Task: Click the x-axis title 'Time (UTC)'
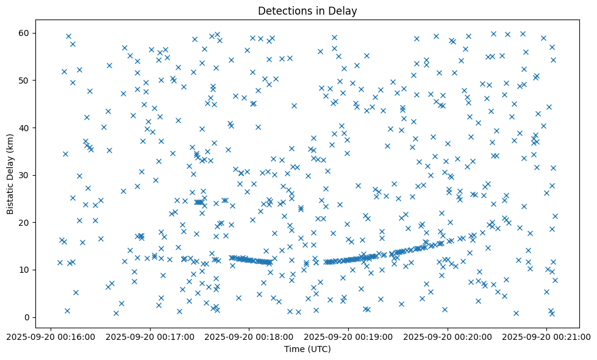307,349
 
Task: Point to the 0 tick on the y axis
28,317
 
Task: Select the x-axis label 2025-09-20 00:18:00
249,335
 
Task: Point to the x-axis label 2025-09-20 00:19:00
348,335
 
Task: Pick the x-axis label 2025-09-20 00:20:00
448,335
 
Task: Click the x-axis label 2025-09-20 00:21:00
547,335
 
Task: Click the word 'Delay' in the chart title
345,10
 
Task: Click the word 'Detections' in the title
283,10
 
